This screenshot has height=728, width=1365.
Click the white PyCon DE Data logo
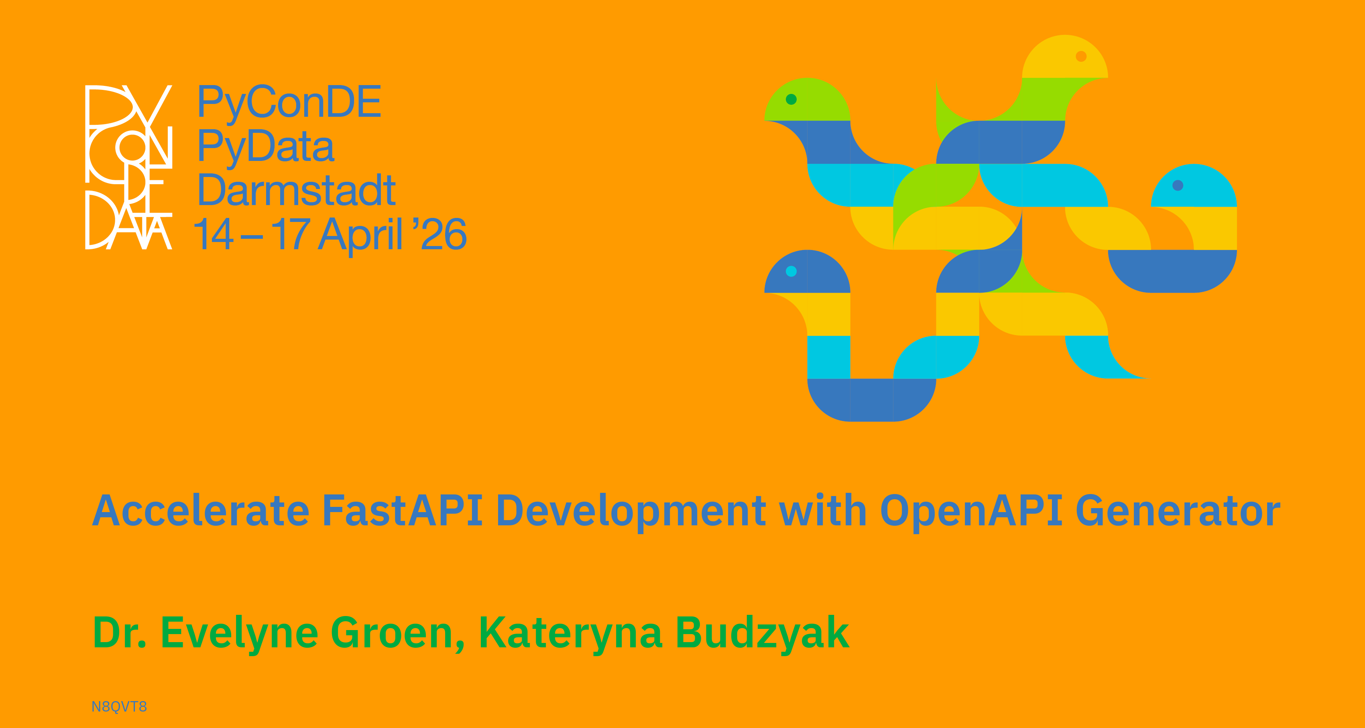pos(129,167)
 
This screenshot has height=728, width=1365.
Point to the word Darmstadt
pos(297,190)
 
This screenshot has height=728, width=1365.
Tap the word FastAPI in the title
pos(403,510)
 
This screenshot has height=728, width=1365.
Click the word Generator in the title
pos(1178,510)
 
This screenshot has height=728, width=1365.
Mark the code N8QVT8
pos(119,707)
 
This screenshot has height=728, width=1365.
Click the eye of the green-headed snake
pos(791,99)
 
